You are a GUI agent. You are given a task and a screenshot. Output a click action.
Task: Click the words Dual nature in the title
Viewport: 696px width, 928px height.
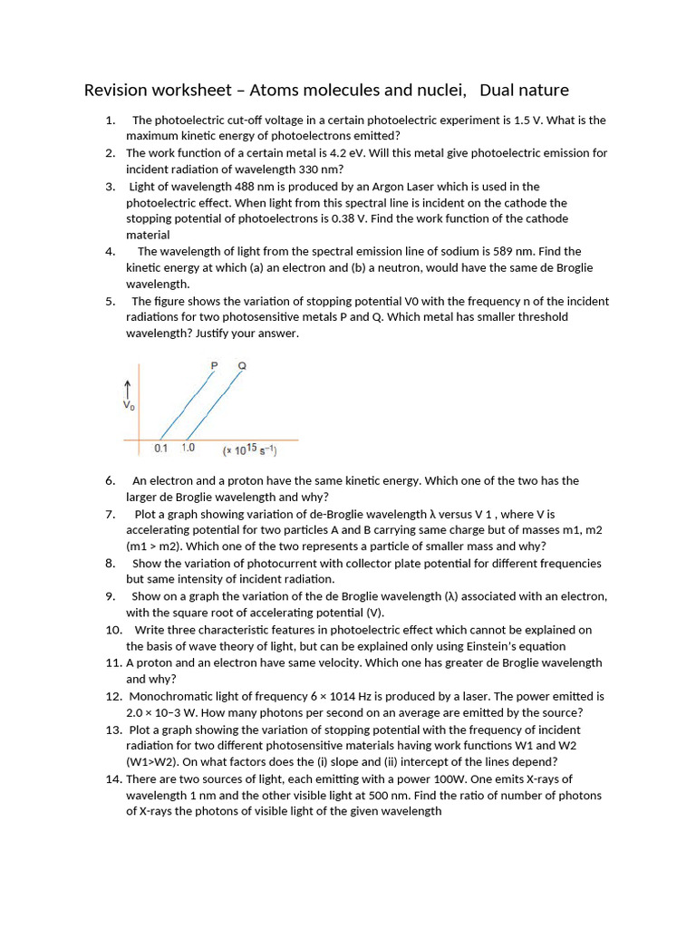point(524,90)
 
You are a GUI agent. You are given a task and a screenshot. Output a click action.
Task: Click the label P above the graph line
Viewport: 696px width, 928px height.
point(214,365)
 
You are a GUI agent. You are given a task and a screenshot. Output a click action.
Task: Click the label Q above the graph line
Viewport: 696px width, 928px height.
point(241,365)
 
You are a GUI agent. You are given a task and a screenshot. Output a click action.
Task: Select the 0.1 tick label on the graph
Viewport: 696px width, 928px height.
point(161,449)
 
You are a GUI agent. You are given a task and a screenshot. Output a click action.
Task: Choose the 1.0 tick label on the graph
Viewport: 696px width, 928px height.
point(188,449)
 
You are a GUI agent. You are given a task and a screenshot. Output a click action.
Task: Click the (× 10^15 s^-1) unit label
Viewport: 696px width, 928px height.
point(249,449)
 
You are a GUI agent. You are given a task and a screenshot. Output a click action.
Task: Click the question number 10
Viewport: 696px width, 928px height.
point(113,630)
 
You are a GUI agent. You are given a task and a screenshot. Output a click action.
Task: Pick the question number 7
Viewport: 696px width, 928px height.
point(110,514)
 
